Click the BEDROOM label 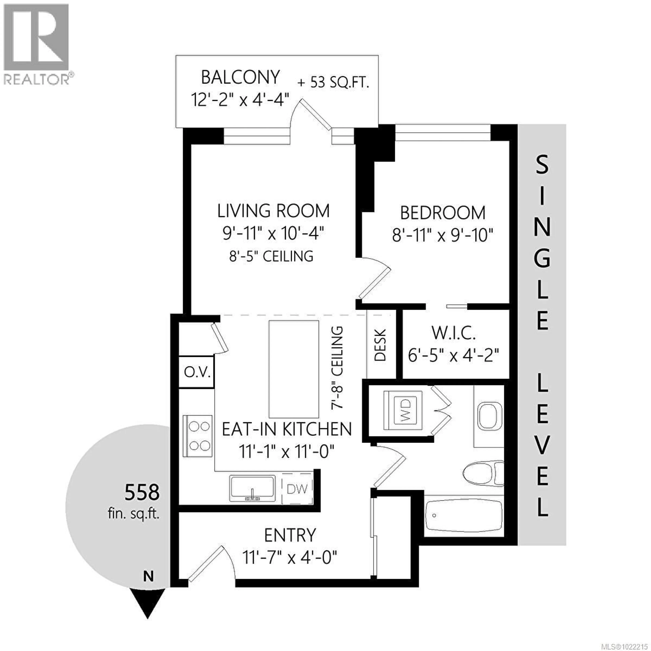(x=442, y=213)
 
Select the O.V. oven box (x=197, y=372)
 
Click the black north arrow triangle (x=148, y=607)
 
